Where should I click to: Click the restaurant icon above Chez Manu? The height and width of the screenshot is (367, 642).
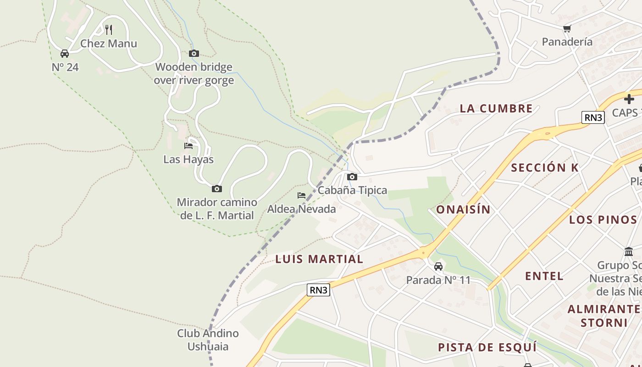pyautogui.click(x=109, y=30)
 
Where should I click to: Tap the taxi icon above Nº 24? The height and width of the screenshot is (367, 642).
pyautogui.click(x=65, y=54)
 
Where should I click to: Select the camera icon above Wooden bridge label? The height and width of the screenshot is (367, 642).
pyautogui.click(x=194, y=54)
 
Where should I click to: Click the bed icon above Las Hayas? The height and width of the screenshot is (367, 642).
pyautogui.click(x=188, y=146)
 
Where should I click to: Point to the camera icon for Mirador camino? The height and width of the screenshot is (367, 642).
pyautogui.click(x=217, y=189)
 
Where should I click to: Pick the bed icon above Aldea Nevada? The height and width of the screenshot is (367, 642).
pyautogui.click(x=301, y=195)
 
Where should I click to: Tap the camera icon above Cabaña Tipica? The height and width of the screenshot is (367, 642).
pyautogui.click(x=352, y=177)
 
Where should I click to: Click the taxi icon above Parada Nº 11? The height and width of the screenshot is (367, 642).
pyautogui.click(x=438, y=266)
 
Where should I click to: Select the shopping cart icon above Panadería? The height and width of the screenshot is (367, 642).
pyautogui.click(x=567, y=28)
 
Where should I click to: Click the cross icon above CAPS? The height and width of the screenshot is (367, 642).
pyautogui.click(x=629, y=99)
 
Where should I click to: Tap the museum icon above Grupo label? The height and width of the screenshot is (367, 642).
pyautogui.click(x=629, y=251)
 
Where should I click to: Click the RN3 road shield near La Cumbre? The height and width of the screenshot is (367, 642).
pyautogui.click(x=593, y=117)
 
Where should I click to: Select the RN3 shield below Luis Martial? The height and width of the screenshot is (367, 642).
pyautogui.click(x=318, y=290)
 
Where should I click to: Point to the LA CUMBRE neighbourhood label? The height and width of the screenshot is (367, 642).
pyautogui.click(x=496, y=109)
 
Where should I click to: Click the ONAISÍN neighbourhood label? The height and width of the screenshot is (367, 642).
pyautogui.click(x=463, y=210)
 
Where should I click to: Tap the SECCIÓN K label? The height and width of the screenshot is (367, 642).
pyautogui.click(x=545, y=167)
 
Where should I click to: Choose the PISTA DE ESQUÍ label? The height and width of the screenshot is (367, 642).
pyautogui.click(x=487, y=347)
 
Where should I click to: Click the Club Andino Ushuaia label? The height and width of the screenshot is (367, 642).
pyautogui.click(x=208, y=339)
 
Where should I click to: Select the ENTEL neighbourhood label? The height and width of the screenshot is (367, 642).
pyautogui.click(x=544, y=276)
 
